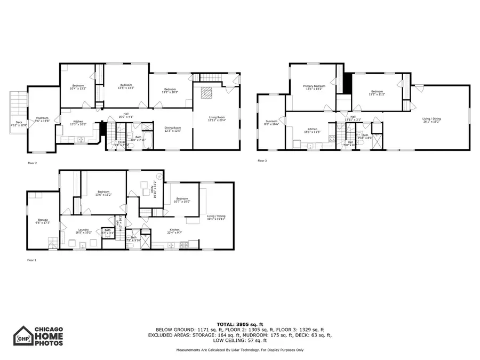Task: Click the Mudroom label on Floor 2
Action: tap(42, 119)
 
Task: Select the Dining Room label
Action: tap(172, 129)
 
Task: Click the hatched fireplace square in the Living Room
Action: tap(206, 93)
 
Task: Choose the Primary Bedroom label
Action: tap(314, 87)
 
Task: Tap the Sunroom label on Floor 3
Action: tap(271, 123)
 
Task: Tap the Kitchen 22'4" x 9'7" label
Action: tap(174, 230)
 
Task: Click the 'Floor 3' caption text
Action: tap(262, 161)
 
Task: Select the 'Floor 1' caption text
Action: tap(31, 260)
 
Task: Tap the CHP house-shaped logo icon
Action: tap(23, 337)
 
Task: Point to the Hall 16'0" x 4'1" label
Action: tap(126, 114)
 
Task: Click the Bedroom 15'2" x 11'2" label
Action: tap(378, 92)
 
